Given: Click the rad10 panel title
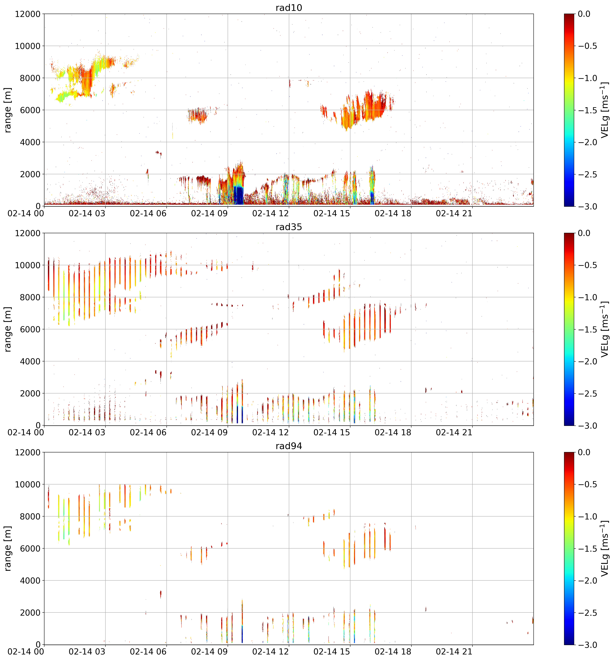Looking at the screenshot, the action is (289, 8).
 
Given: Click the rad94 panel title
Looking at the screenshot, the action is (289, 446).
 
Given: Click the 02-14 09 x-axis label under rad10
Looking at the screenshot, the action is (209, 213).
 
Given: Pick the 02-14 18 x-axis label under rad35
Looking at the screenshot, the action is (393, 433).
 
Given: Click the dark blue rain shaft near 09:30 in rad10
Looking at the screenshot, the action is (238, 195).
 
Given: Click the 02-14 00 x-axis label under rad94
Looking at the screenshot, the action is (26, 652).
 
